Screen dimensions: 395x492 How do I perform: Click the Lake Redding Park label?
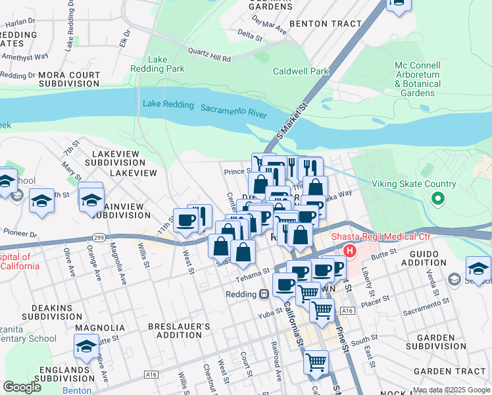coord(166,64)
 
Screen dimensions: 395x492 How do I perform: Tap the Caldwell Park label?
coord(301,71)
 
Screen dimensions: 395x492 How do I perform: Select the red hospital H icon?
coord(349,251)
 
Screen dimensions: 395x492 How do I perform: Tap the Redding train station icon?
coord(264,294)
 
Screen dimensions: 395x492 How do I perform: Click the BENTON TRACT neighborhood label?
coord(326,24)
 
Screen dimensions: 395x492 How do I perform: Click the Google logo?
coord(22,387)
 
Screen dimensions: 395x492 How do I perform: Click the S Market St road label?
coord(292,116)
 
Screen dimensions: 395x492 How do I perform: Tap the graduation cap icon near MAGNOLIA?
coord(86,345)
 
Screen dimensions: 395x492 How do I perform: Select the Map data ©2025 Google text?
coord(452,390)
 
